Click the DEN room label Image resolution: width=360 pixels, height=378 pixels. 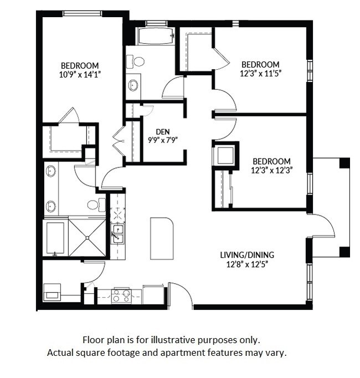(162, 131)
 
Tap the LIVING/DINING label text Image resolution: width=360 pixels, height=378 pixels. (246, 255)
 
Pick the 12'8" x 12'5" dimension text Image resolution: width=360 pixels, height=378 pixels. (246, 264)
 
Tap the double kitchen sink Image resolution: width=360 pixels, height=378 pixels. (117, 234)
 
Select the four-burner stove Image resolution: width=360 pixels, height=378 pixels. (121, 296)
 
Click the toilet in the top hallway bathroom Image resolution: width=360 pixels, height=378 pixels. (138, 62)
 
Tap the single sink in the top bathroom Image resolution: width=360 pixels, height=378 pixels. (133, 85)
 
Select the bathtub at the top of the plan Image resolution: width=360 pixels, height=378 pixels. (155, 37)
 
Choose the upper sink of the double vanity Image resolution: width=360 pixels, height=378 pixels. (50, 171)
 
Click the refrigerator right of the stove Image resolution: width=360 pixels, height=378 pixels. (153, 294)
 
